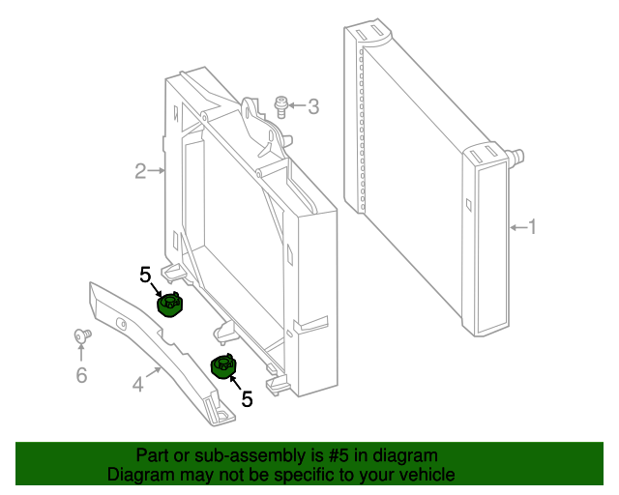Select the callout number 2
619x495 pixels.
pos(140,172)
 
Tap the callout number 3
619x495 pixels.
pos(312,106)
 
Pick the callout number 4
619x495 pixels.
pos(138,385)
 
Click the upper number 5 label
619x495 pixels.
pos(146,276)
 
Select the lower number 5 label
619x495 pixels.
pos(247,398)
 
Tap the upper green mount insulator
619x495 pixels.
pos(171,305)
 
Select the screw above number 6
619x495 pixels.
pos(81,335)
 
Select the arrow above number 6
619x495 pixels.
pos(81,353)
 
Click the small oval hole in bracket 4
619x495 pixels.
pos(121,323)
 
